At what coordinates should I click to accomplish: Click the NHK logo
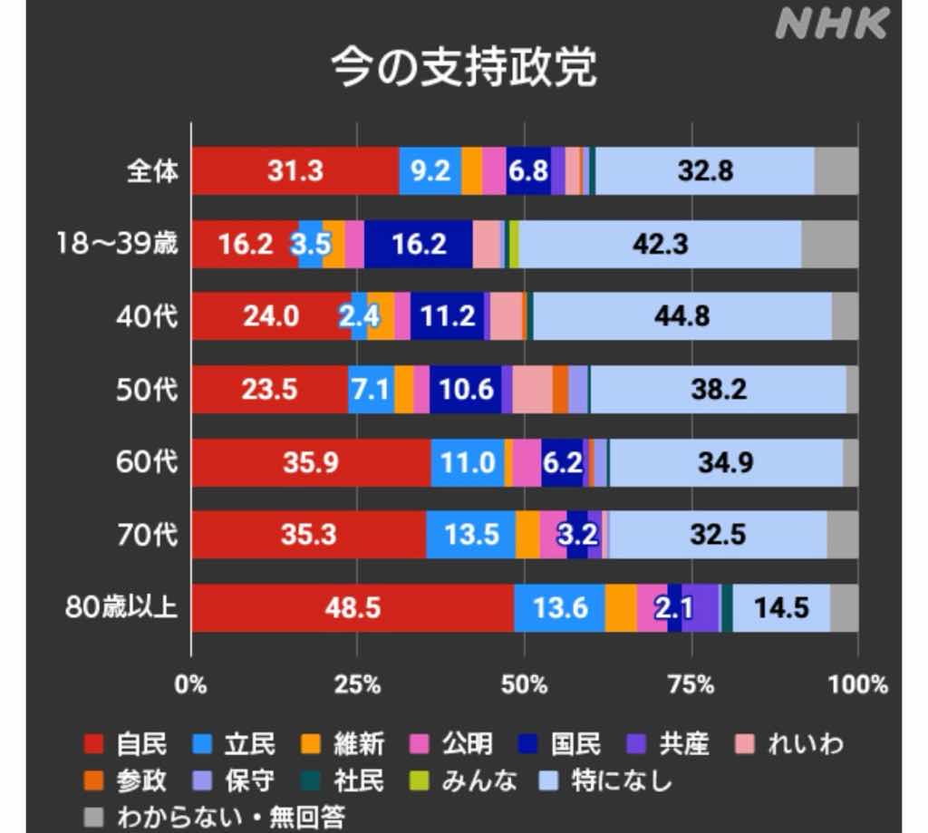(x=831, y=25)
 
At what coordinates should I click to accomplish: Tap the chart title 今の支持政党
(x=463, y=69)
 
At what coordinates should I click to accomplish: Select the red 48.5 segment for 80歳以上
(x=353, y=607)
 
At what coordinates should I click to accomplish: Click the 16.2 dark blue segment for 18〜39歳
(x=419, y=244)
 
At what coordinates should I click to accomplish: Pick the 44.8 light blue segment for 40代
(x=681, y=316)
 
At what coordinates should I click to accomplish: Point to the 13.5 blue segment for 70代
(x=470, y=535)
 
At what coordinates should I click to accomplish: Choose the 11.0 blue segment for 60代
(x=468, y=462)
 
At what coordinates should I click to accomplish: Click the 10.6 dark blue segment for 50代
(x=466, y=390)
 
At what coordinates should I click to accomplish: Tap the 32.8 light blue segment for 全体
(x=705, y=171)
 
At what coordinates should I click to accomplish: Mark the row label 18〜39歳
(x=115, y=244)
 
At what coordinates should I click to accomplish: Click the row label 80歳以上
(x=121, y=607)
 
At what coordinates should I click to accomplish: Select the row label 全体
(x=151, y=171)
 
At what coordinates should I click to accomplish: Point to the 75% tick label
(x=692, y=684)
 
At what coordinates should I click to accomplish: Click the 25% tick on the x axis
(x=357, y=684)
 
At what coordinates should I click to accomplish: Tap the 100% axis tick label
(x=857, y=684)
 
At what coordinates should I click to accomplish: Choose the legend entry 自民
(x=126, y=744)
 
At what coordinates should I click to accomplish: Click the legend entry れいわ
(x=791, y=744)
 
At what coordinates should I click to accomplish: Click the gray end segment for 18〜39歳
(x=829, y=244)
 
